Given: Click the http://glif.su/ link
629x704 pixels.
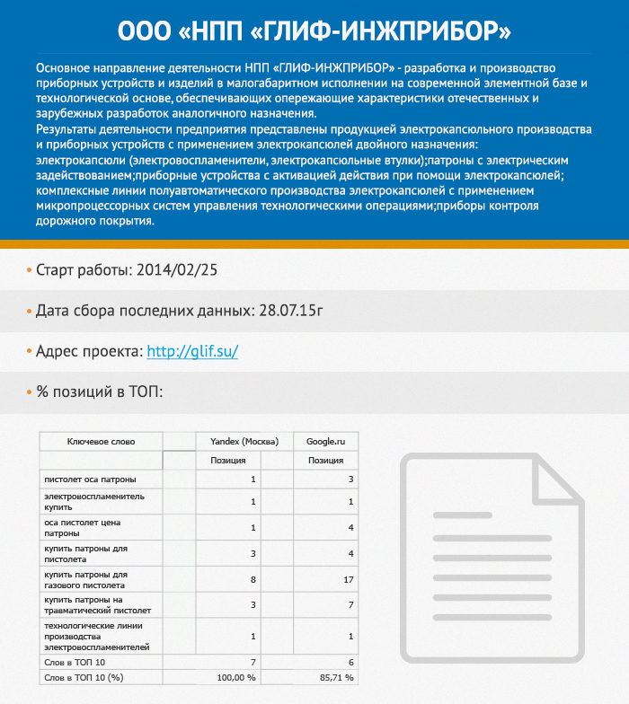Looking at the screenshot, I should [191, 352].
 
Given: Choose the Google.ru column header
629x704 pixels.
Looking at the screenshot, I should [325, 441].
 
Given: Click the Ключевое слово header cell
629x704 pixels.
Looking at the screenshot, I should [101, 441].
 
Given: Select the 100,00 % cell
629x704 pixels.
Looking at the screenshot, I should [237, 677].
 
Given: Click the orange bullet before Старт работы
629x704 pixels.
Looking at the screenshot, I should [28, 269].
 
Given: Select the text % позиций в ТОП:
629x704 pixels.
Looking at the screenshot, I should [99, 392].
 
